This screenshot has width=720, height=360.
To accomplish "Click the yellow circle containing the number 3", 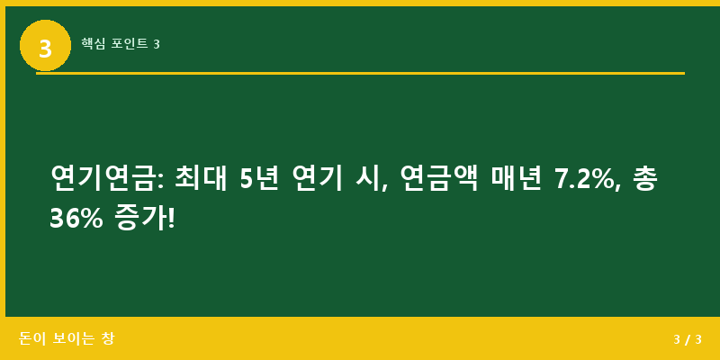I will (45, 46).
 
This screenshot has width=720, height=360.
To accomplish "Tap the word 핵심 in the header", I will (93, 43).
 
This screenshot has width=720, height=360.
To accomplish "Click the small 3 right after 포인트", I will (157, 44).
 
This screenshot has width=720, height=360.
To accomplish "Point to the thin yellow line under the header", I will (360, 73).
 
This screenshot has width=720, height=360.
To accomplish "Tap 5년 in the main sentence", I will (260, 178).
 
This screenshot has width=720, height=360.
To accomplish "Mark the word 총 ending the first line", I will (644, 178).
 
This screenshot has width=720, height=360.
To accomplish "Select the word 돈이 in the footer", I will (31, 339).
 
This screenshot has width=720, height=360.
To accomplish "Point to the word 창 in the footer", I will (107, 339).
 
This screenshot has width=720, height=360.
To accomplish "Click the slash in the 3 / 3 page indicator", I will (688, 340).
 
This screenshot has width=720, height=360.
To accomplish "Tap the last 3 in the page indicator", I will (698, 340).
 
